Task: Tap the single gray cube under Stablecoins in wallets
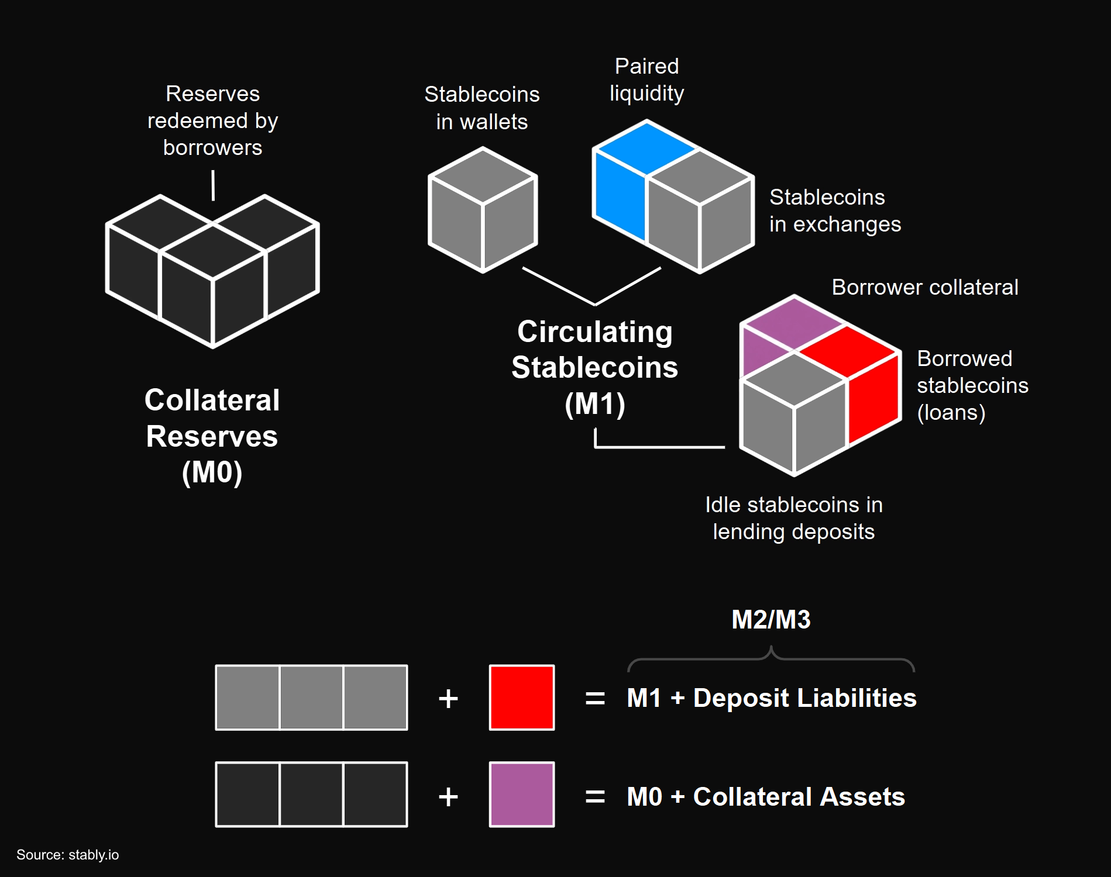(x=483, y=210)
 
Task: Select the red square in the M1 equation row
(x=522, y=698)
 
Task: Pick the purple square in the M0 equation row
(x=522, y=795)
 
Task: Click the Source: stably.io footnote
(x=68, y=855)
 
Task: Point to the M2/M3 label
(x=771, y=620)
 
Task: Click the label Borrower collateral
(x=925, y=288)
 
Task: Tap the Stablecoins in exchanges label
(x=835, y=210)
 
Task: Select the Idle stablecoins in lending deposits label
(x=794, y=518)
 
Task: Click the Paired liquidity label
(x=646, y=80)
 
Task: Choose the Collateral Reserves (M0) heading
(x=212, y=436)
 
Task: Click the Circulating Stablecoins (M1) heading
(x=595, y=368)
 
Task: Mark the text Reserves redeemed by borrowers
(x=212, y=120)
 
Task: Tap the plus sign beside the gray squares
(x=448, y=699)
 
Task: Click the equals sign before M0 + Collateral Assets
(x=595, y=796)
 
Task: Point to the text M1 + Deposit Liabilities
(x=772, y=698)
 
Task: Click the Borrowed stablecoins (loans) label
(x=972, y=386)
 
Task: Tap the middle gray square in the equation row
(x=312, y=698)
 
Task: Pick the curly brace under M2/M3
(x=771, y=658)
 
